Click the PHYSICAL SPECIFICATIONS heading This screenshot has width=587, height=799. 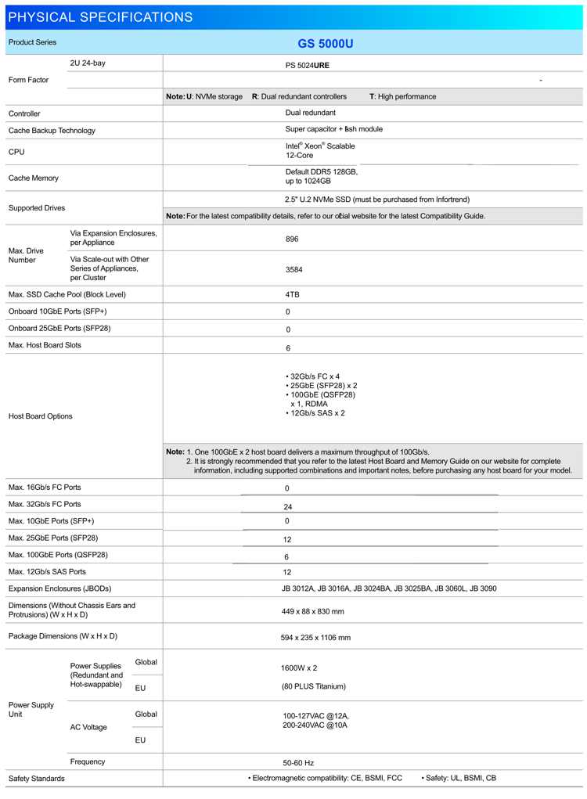(x=100, y=17)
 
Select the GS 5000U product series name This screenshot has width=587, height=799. (x=325, y=44)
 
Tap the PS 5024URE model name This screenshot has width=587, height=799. (x=308, y=66)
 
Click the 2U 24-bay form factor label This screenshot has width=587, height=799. (x=88, y=63)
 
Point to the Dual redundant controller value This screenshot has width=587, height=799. (x=311, y=113)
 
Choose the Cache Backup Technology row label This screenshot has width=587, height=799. (x=52, y=131)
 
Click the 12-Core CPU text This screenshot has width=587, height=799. (x=300, y=156)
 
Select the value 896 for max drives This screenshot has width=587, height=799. (x=292, y=239)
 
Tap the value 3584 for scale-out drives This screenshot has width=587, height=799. (x=294, y=269)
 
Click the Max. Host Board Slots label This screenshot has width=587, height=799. (x=45, y=345)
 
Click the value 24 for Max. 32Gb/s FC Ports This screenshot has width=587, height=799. (x=288, y=507)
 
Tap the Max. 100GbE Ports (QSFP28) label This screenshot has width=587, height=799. (x=58, y=555)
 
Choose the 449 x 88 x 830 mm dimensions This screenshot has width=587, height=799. (x=312, y=611)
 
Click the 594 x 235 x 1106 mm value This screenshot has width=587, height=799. (x=315, y=638)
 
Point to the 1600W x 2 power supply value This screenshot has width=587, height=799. (x=299, y=668)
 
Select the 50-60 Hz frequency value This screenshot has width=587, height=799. (x=297, y=762)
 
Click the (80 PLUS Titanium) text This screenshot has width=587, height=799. (x=314, y=687)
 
